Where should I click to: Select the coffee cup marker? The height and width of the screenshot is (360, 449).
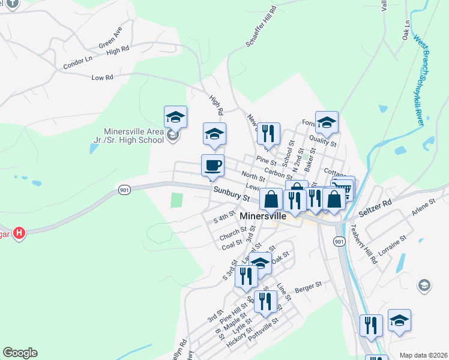click(x=212, y=165)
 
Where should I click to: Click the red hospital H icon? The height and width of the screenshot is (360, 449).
click(x=19, y=232)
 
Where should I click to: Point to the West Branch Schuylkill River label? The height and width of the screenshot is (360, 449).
click(x=420, y=80)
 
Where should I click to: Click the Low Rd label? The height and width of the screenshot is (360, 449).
click(x=102, y=77)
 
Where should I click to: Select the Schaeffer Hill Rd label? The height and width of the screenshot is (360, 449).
click(x=261, y=26)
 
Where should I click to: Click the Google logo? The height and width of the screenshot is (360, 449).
click(x=20, y=353)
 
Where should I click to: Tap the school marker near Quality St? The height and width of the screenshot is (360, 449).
click(x=327, y=122)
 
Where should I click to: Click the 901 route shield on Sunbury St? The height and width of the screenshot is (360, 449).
click(x=124, y=190)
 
